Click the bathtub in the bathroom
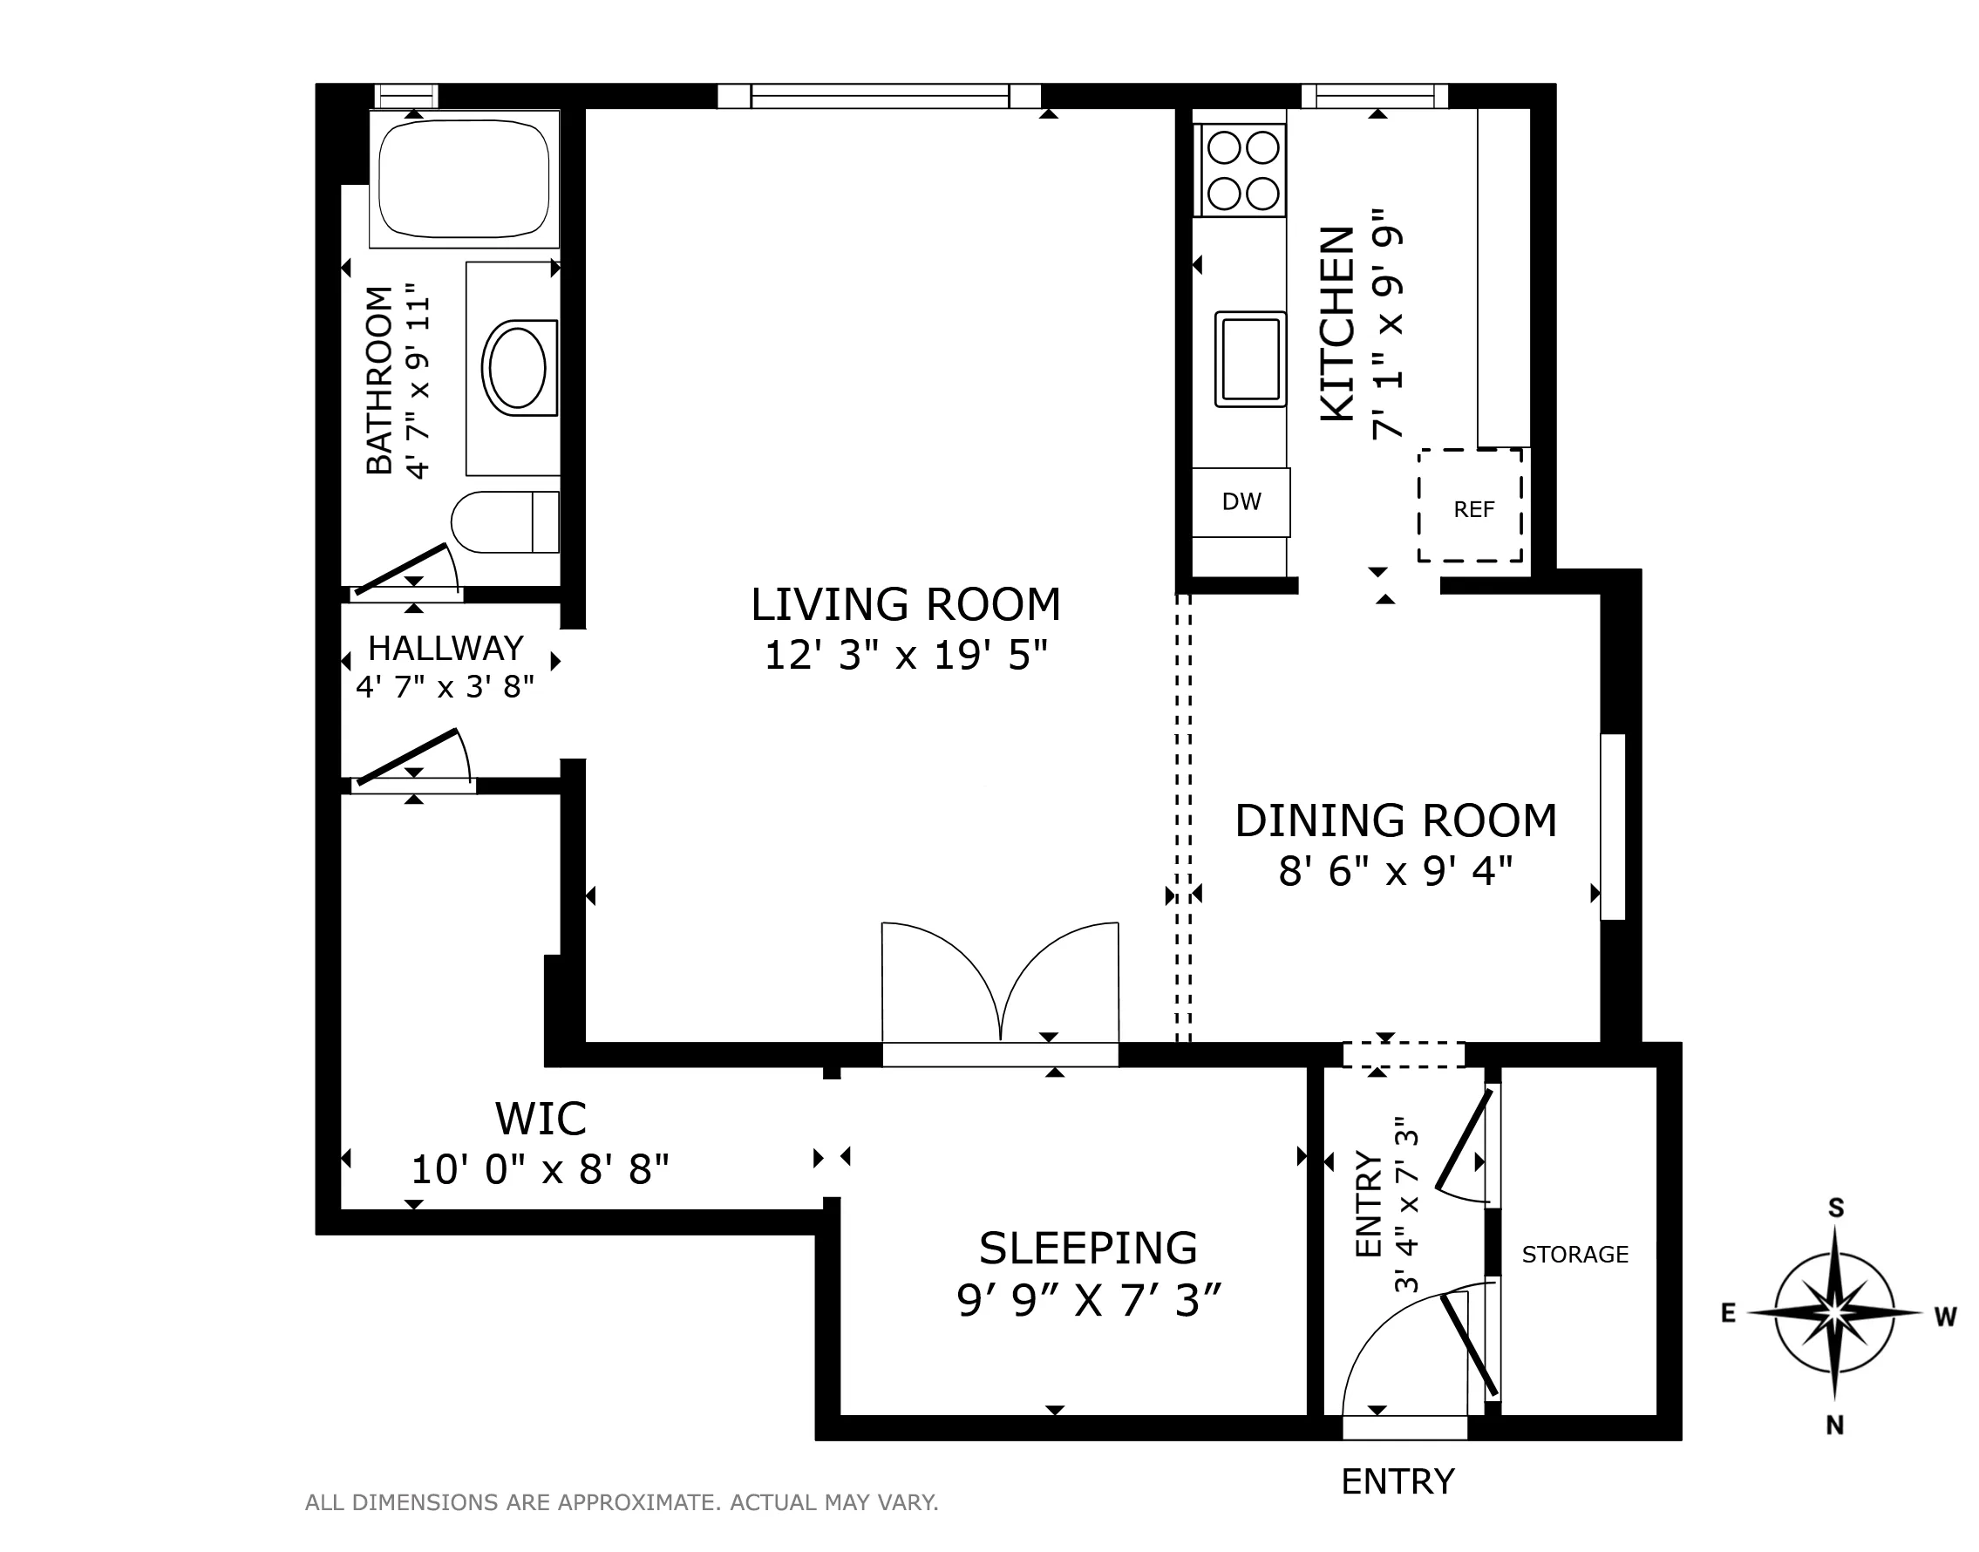click(464, 179)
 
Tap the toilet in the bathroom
click(505, 521)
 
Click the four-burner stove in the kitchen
click(1243, 170)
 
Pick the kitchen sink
click(1250, 358)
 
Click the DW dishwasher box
click(1241, 501)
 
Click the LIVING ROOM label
click(905, 604)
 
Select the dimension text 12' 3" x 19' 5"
click(905, 655)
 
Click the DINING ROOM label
click(1396, 820)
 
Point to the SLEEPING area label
click(1088, 1249)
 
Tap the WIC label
click(541, 1119)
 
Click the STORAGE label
click(1574, 1255)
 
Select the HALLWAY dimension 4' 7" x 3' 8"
click(445, 686)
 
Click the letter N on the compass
click(1834, 1426)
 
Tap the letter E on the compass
click(1728, 1313)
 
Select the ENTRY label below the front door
click(1398, 1481)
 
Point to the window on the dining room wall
click(1612, 827)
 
